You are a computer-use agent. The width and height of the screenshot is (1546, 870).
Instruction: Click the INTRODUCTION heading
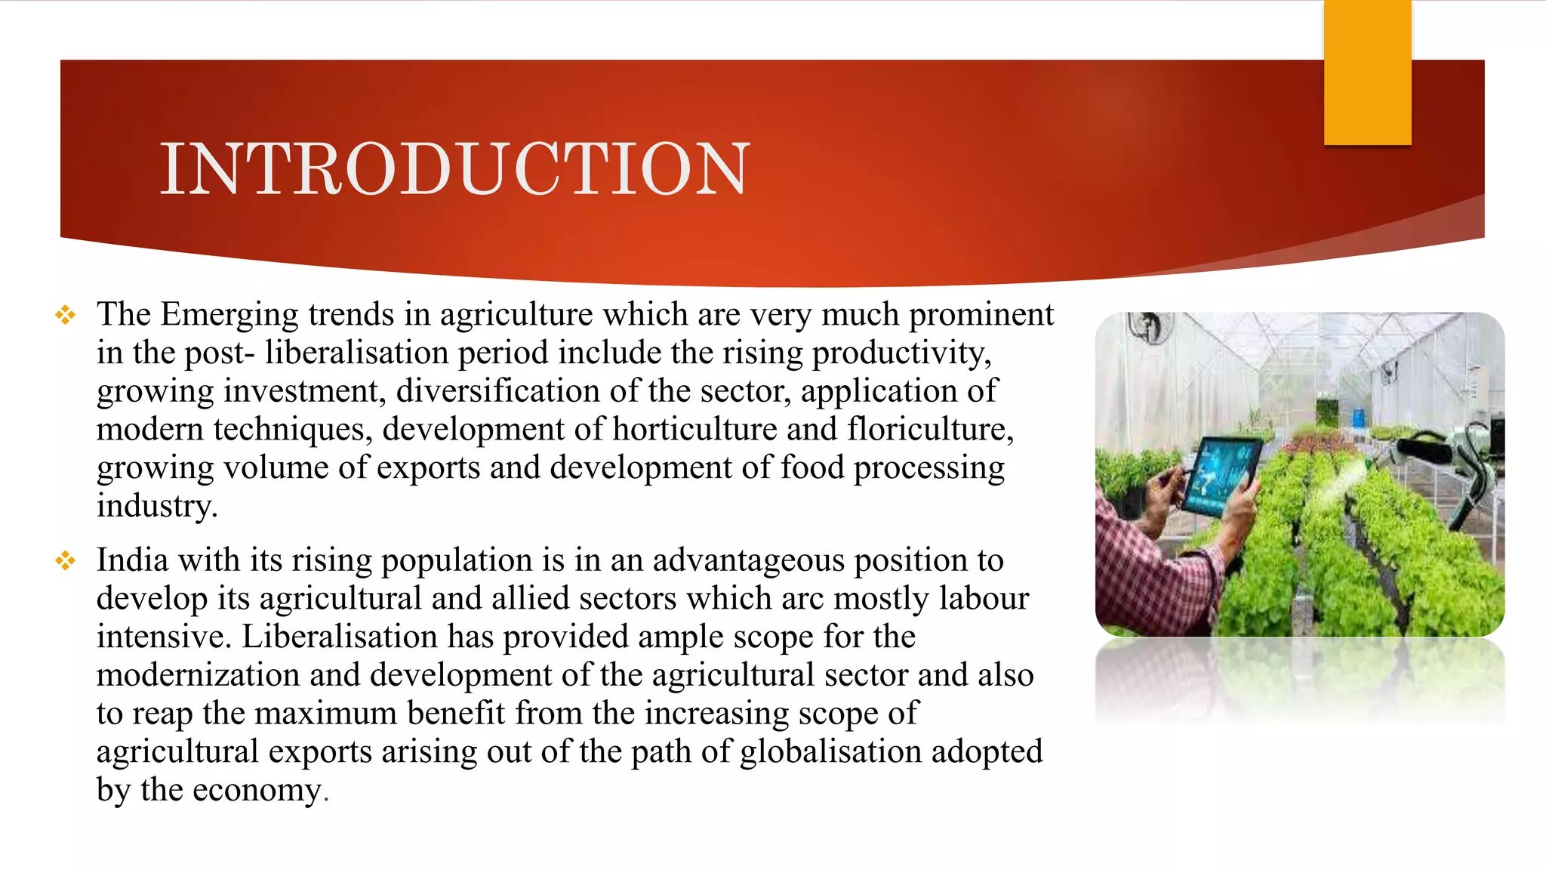[454, 169]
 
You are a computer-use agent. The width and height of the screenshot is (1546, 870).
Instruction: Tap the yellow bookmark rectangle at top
[1367, 72]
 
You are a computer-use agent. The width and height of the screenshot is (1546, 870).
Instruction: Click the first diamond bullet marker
[66, 315]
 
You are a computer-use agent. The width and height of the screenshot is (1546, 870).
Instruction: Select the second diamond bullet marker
[66, 560]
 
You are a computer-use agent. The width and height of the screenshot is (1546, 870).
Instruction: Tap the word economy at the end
[257, 791]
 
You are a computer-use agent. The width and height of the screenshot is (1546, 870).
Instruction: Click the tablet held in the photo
[1221, 476]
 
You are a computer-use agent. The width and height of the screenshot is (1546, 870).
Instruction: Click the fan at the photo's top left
[1148, 326]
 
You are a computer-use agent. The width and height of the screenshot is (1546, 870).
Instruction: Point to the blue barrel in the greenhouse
[1357, 416]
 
